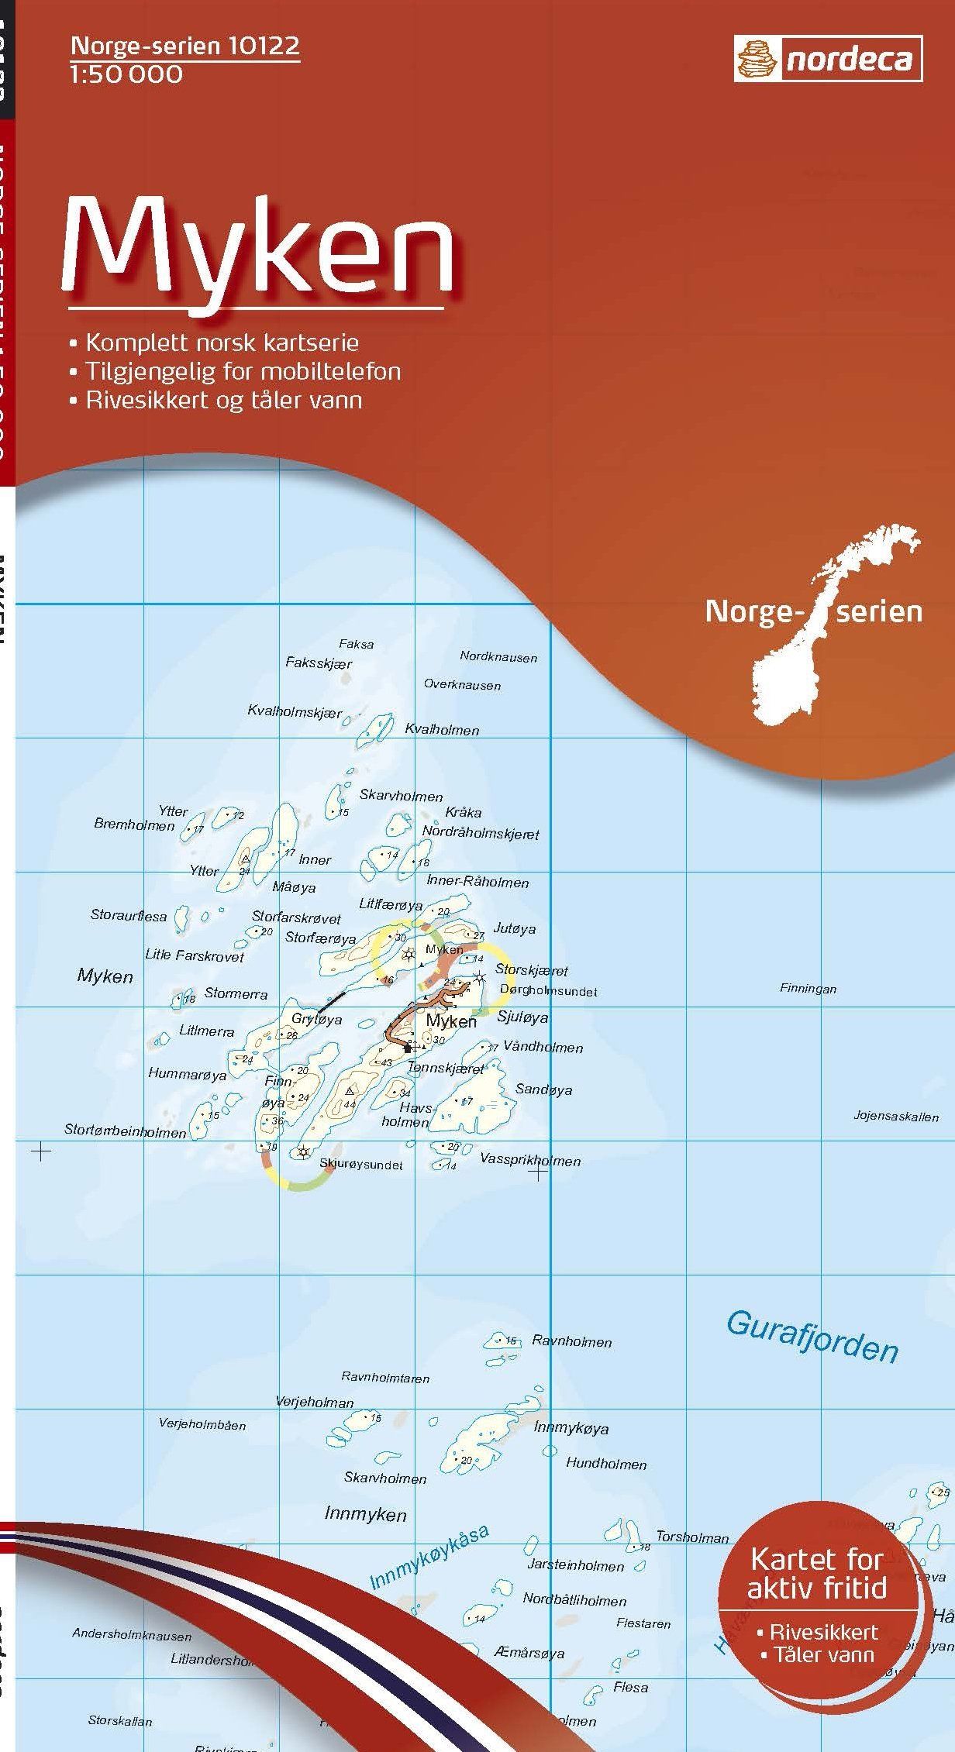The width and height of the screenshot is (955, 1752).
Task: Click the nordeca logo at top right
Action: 828,60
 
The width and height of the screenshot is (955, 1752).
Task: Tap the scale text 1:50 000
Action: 127,74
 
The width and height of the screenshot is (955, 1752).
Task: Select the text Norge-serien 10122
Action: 184,47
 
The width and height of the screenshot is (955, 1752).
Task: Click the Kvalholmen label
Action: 442,729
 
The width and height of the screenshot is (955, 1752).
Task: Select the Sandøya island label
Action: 543,1089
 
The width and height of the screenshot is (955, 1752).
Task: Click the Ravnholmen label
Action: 572,1341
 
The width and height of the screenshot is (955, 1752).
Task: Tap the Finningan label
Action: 808,989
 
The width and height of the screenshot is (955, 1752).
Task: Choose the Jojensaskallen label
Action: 896,1117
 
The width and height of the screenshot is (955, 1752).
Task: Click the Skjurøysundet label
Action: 361,1164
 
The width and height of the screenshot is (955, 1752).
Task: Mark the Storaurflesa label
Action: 129,916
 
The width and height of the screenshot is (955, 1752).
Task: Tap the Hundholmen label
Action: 606,1464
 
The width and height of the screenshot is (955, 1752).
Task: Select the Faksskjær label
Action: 319,663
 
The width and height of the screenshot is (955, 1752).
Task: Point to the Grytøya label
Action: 316,1020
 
